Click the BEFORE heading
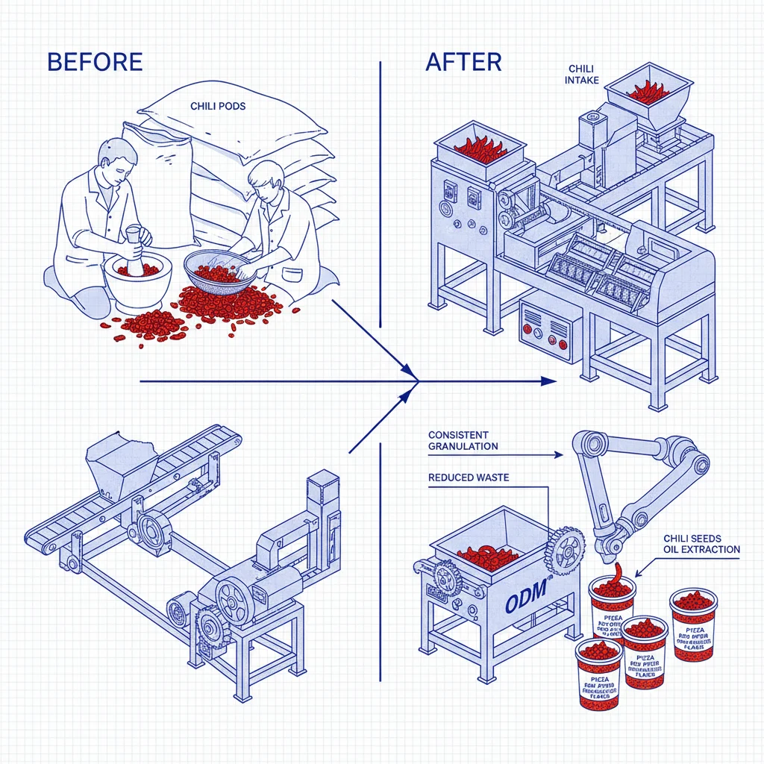(x=94, y=62)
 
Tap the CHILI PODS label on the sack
(x=218, y=106)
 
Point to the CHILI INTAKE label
(x=581, y=75)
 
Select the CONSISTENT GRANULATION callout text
(x=463, y=441)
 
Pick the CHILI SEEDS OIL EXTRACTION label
(x=701, y=544)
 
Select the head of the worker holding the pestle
(x=119, y=157)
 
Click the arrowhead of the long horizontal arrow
(x=549, y=381)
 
